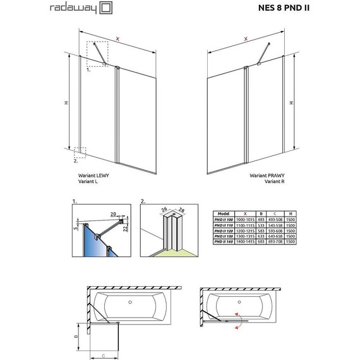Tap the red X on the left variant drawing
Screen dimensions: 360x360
pyautogui.click(x=117, y=39)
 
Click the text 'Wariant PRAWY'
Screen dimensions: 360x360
pyautogui.click(x=267, y=176)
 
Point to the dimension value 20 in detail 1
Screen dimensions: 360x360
pyautogui.click(x=114, y=213)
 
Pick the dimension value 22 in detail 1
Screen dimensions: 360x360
pyautogui.click(x=127, y=229)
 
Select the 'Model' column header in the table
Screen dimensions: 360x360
pyautogui.click(x=222, y=213)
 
